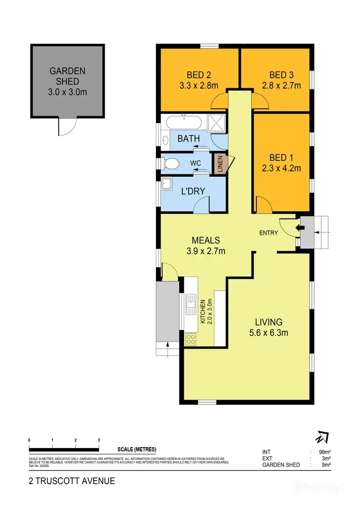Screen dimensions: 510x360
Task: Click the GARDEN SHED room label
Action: click(x=68, y=76)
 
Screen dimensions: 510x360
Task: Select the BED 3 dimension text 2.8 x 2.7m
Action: click(x=285, y=86)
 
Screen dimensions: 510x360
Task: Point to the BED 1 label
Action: click(x=282, y=158)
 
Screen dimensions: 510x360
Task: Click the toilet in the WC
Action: click(x=169, y=163)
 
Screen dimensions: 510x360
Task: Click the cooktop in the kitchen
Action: click(x=191, y=339)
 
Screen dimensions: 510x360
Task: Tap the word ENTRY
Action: click(x=269, y=233)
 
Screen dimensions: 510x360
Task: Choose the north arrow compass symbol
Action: click(x=321, y=438)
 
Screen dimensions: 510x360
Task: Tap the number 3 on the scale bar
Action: click(x=99, y=440)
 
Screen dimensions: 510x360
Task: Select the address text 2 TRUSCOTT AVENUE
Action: click(x=72, y=481)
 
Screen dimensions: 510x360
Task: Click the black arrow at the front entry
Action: click(x=302, y=228)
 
